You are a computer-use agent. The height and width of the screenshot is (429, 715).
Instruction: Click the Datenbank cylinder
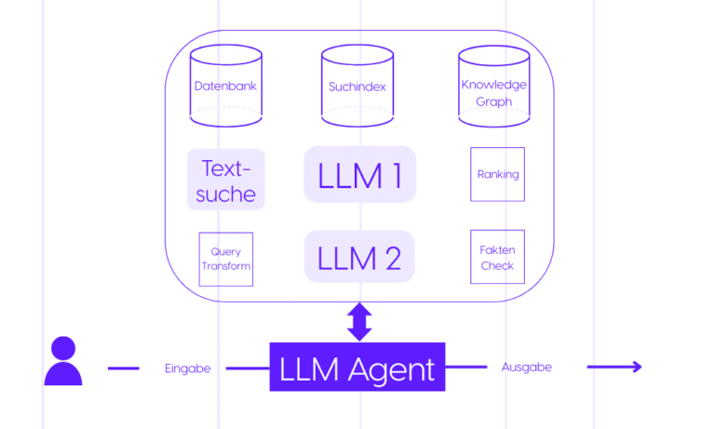click(x=225, y=86)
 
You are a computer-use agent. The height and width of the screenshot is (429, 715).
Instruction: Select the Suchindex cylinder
click(x=357, y=86)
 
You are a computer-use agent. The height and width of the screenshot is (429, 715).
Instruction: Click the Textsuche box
click(x=226, y=181)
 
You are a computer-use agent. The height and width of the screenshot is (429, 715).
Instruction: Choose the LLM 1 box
click(x=358, y=174)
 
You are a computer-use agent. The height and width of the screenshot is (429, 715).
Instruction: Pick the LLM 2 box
click(x=358, y=256)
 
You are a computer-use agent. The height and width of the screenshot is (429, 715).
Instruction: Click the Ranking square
click(x=497, y=174)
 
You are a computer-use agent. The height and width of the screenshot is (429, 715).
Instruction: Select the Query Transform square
click(x=226, y=259)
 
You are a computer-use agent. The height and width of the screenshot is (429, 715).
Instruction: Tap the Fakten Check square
click(x=497, y=257)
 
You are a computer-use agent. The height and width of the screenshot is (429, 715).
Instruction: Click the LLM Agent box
click(x=357, y=368)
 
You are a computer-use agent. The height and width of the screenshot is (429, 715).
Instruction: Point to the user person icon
click(x=63, y=362)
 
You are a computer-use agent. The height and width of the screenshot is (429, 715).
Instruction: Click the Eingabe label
click(x=188, y=369)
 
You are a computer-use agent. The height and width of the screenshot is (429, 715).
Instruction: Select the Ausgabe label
click(x=527, y=367)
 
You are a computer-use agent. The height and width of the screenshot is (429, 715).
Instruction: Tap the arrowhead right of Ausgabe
click(x=636, y=367)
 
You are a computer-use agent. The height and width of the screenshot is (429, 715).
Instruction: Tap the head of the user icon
click(x=63, y=349)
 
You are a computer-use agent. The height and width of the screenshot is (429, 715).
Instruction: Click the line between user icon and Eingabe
click(x=123, y=369)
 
